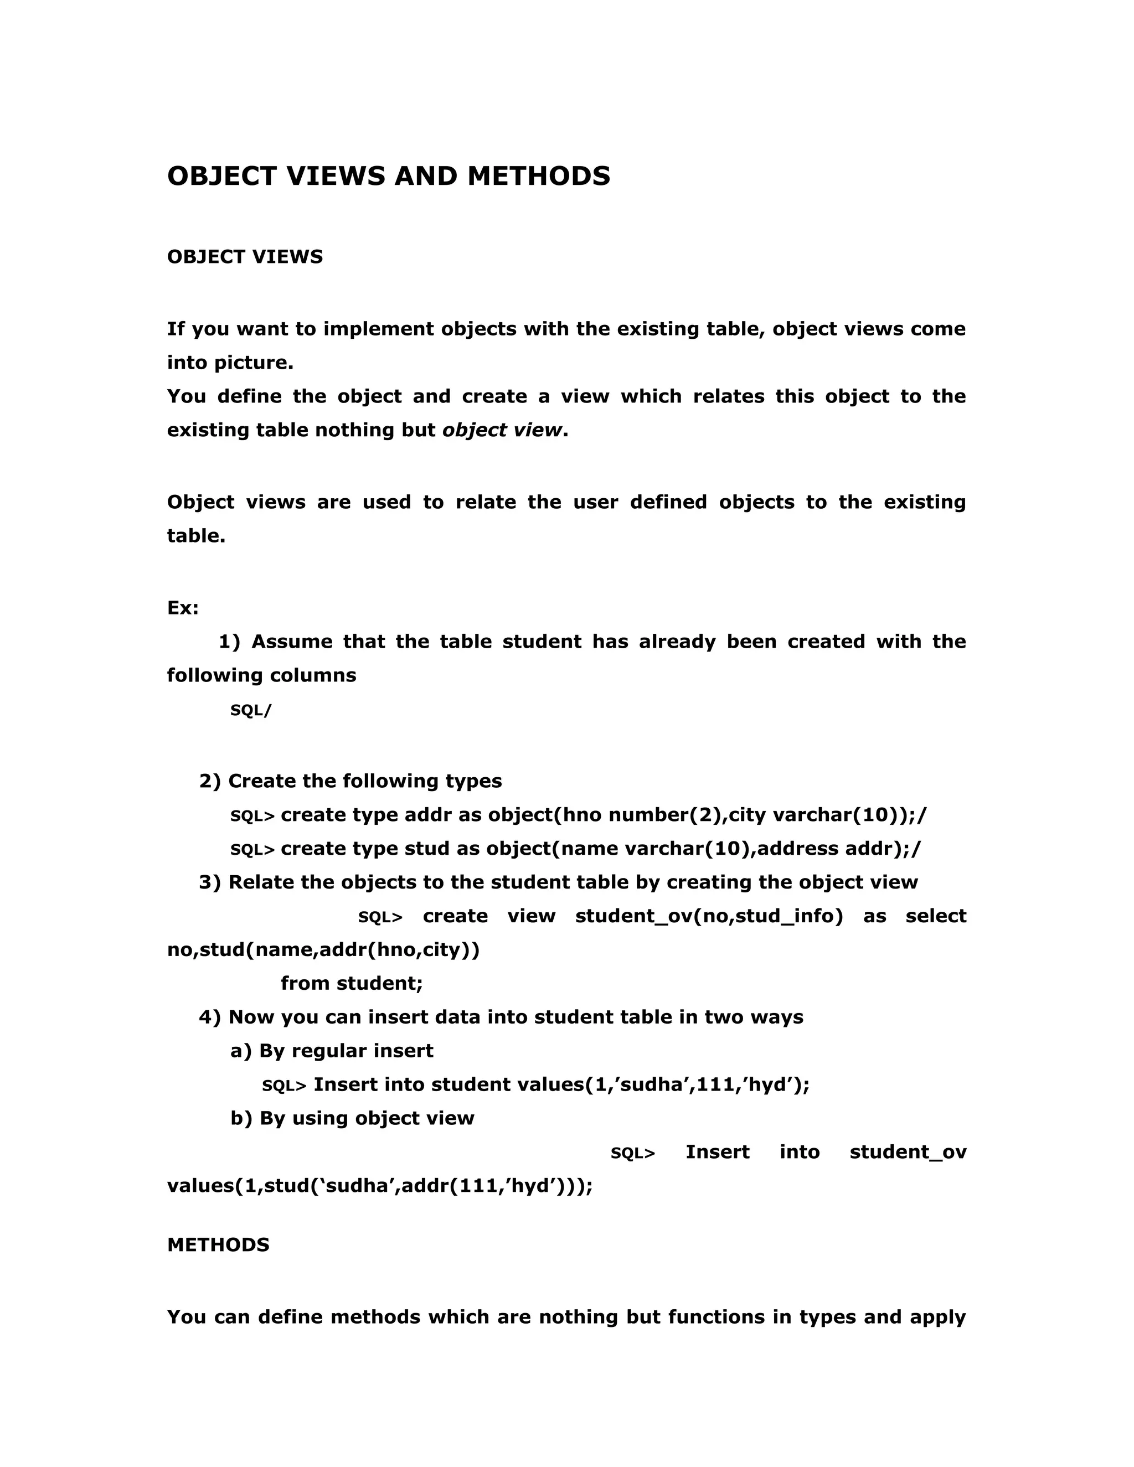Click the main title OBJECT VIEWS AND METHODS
point(388,176)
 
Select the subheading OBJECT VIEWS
point(245,257)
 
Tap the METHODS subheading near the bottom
point(218,1244)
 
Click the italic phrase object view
point(502,430)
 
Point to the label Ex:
point(183,608)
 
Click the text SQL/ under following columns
point(251,711)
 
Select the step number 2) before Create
point(210,781)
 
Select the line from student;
point(352,983)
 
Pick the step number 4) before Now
point(210,1017)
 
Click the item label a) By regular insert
point(332,1051)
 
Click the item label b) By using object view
point(352,1118)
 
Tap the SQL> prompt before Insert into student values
point(283,1086)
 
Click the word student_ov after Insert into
point(908,1152)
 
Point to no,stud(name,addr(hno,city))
point(323,950)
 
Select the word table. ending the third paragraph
point(196,536)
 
